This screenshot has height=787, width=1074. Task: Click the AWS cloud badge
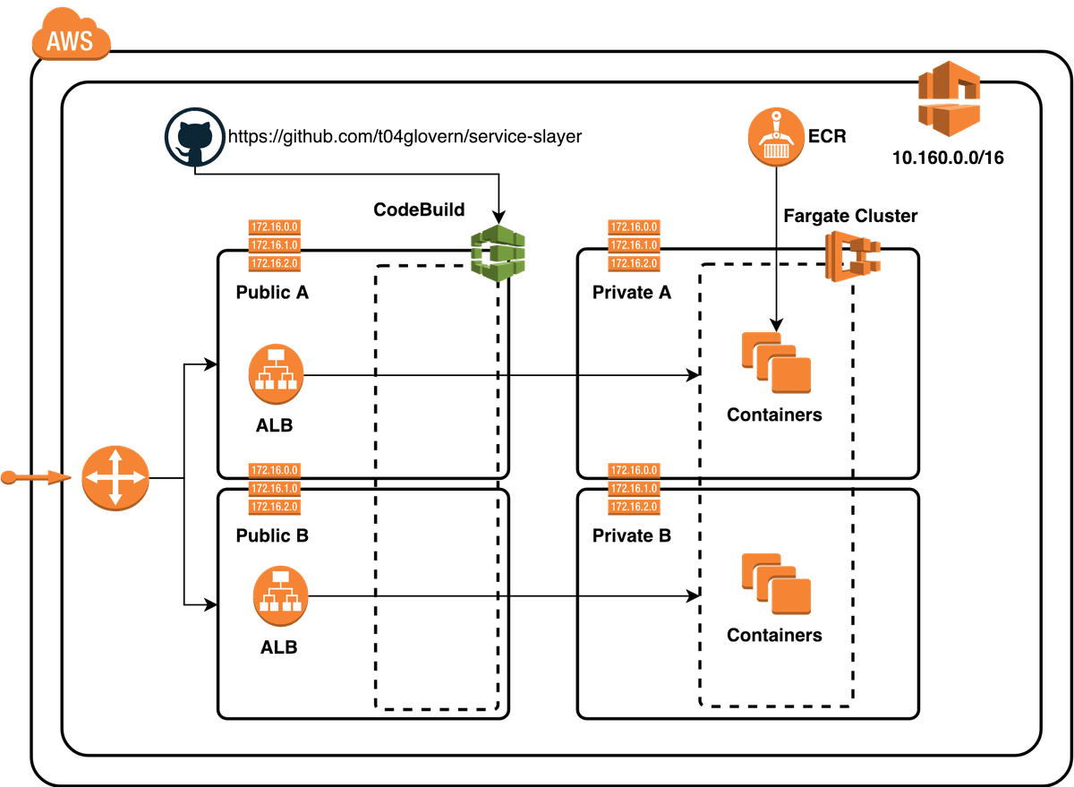click(71, 39)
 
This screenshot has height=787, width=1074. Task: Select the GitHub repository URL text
click(405, 137)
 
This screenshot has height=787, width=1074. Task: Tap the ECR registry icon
click(773, 137)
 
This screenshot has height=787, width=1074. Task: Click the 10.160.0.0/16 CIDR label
click(948, 158)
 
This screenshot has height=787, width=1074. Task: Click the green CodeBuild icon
click(499, 253)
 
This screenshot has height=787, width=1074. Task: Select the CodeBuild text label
click(420, 210)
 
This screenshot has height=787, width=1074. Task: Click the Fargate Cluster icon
click(852, 255)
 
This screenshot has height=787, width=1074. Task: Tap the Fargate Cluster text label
click(850, 216)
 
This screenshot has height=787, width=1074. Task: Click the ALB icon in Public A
click(276, 374)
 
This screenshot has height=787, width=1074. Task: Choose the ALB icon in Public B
click(279, 595)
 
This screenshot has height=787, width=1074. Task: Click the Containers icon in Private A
click(775, 364)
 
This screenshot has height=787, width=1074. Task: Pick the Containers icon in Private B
click(775, 584)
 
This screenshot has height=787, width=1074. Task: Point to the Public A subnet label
click(272, 291)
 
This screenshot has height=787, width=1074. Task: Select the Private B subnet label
click(631, 536)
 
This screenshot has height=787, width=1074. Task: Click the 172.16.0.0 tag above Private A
click(633, 227)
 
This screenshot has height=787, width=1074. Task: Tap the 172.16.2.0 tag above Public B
click(275, 507)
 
